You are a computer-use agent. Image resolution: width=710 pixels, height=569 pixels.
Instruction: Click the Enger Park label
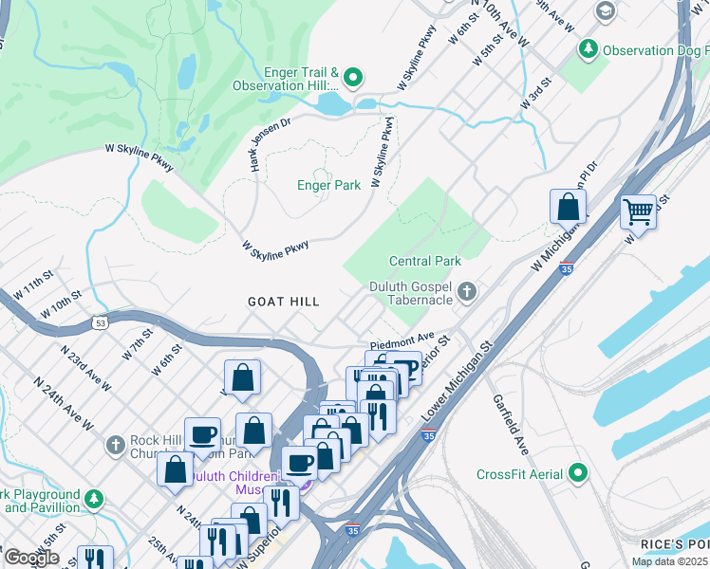pos(328,186)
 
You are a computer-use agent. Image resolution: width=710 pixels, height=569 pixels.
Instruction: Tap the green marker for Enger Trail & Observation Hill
pos(354,79)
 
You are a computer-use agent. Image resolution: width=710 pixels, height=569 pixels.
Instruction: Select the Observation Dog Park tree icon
pos(589,48)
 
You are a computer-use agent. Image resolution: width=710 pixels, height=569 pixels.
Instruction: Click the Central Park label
pos(424,261)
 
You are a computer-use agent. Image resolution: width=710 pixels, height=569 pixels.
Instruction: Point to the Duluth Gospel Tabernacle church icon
pos(466,291)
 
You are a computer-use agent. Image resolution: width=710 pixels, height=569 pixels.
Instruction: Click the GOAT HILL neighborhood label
pos(283,302)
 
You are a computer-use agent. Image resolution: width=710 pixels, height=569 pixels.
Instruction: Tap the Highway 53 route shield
pos(100,323)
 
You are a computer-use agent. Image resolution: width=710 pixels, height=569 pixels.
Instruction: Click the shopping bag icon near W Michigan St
pos(568,206)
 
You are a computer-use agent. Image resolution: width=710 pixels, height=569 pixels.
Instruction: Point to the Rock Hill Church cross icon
pos(115,445)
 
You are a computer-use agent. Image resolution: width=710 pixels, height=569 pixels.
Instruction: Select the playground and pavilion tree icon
pos(93,498)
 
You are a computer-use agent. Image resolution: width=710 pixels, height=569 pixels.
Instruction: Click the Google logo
pos(31,558)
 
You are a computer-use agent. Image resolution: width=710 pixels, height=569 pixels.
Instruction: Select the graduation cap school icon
pos(604,9)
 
